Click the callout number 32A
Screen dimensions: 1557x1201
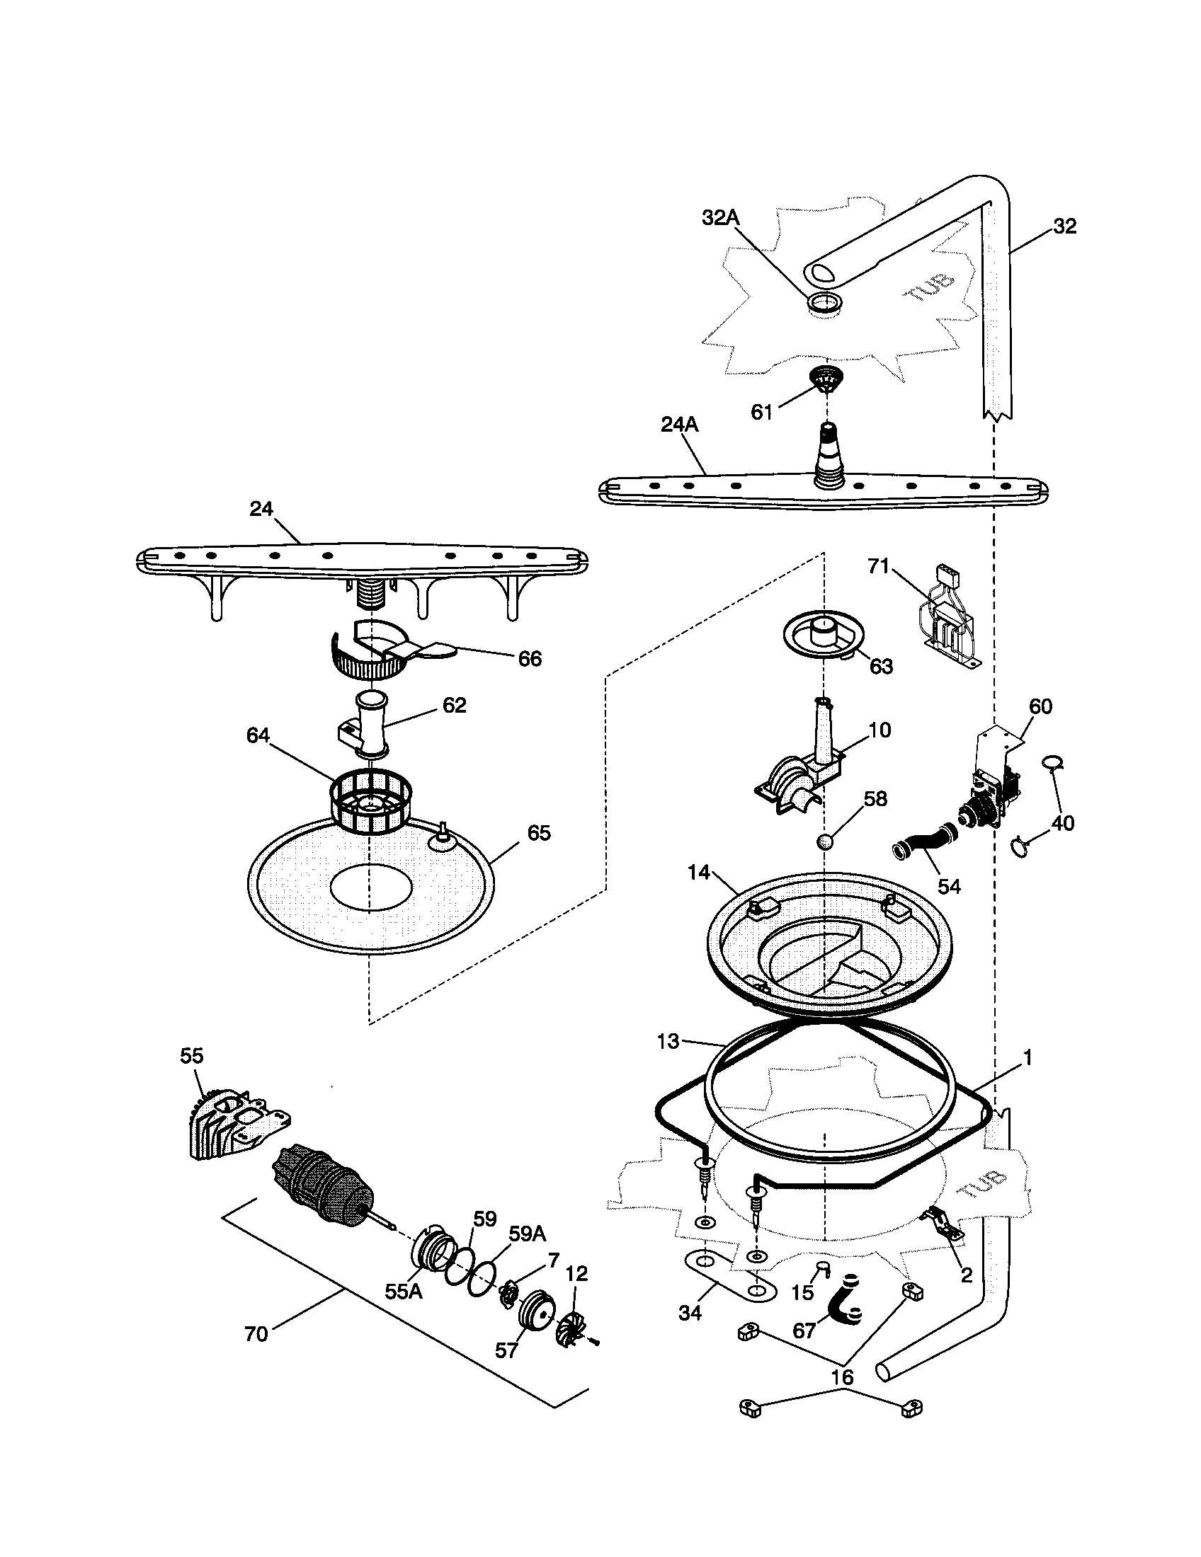tap(720, 218)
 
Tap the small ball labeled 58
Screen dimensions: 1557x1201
tap(825, 841)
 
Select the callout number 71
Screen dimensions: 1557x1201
tap(878, 565)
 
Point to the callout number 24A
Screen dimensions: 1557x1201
tap(679, 425)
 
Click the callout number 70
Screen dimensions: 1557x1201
tap(256, 1334)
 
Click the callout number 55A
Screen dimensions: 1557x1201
tap(404, 1291)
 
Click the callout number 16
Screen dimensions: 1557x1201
tap(842, 1377)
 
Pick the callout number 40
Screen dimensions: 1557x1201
tap(1063, 822)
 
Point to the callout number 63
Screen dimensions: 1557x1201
tap(881, 666)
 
